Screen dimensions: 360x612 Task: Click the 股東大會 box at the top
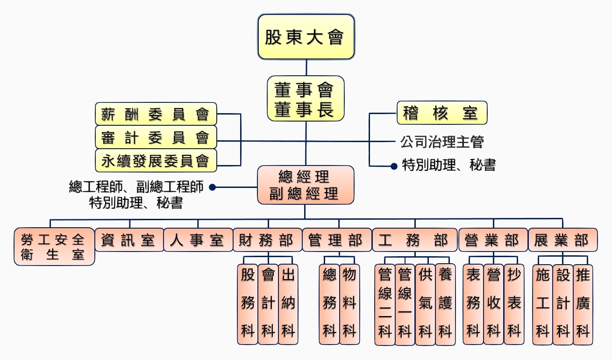(x=306, y=37)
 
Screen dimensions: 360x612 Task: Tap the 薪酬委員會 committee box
(x=156, y=114)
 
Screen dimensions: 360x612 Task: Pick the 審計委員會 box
(x=156, y=137)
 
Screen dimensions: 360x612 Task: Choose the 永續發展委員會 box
(x=156, y=161)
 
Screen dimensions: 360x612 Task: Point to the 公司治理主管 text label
(x=441, y=141)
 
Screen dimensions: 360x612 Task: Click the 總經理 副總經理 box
(x=306, y=185)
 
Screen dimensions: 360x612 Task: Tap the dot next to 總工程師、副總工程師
(x=212, y=187)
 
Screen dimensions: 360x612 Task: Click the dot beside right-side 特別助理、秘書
(x=394, y=166)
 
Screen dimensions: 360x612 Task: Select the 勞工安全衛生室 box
(x=54, y=247)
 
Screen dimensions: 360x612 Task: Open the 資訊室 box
(x=129, y=240)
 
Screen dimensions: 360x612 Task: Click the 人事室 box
(x=198, y=240)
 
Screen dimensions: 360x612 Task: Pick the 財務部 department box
(x=267, y=240)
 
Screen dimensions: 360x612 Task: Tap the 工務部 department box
(x=415, y=240)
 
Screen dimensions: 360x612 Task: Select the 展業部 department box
(x=562, y=240)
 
